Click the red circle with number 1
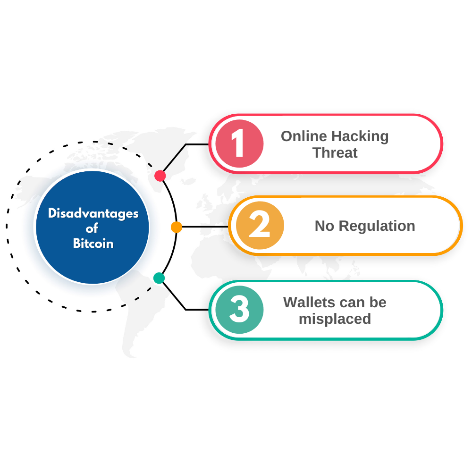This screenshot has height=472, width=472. (x=240, y=143)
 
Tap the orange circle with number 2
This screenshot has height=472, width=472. (x=260, y=226)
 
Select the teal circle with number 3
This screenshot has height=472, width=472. (x=240, y=310)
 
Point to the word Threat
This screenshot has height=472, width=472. (x=335, y=152)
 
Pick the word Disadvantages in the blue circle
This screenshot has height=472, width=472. (x=93, y=214)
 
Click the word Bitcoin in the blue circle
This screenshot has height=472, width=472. (x=93, y=243)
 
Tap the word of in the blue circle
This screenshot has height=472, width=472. (x=92, y=228)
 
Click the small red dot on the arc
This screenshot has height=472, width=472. (x=160, y=176)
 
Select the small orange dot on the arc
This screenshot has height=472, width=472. (x=177, y=227)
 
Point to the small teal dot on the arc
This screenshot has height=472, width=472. (x=159, y=278)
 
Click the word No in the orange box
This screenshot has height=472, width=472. (x=325, y=226)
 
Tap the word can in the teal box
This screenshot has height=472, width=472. (x=352, y=303)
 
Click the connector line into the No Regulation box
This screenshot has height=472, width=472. (x=205, y=227)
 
